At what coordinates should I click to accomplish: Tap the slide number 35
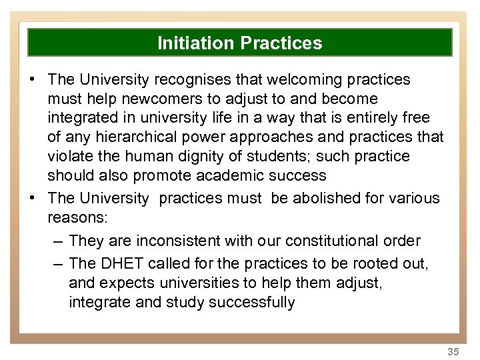click(453, 351)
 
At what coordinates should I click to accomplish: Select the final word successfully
click(251, 303)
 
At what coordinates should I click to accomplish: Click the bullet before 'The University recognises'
click(32, 80)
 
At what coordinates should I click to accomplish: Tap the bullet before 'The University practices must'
click(32, 198)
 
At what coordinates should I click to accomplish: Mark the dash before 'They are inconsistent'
click(57, 241)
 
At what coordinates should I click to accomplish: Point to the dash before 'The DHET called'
click(57, 264)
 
